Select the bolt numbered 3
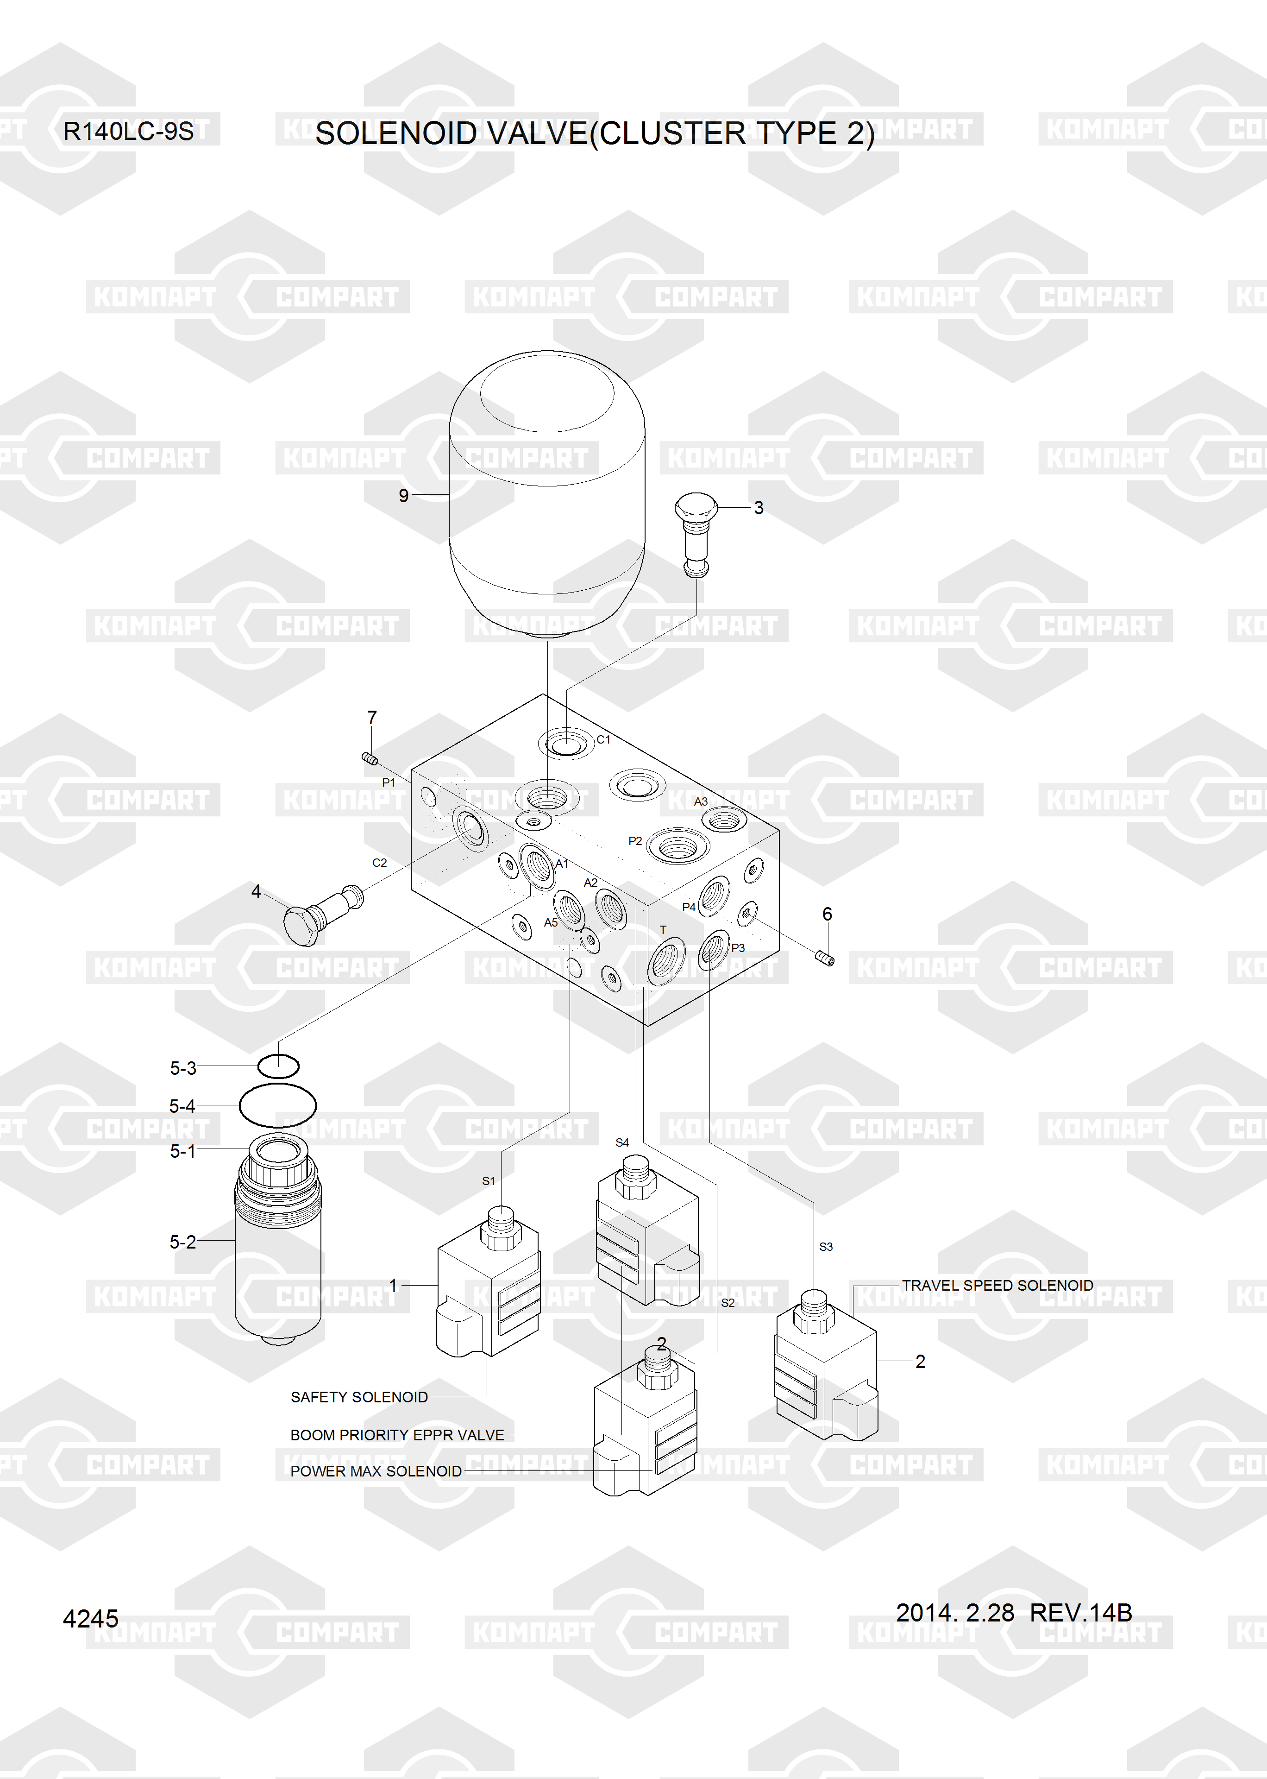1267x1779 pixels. coord(695,534)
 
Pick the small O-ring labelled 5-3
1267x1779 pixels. coord(278,1065)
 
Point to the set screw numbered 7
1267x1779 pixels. coord(370,757)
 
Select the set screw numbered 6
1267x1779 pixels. coord(825,958)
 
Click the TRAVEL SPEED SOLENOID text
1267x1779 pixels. coord(997,1285)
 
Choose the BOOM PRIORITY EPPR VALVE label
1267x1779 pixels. coord(397,1435)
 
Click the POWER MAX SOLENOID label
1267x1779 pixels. coord(376,1471)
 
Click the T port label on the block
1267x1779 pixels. coord(663,930)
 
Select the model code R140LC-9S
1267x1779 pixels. coord(128,131)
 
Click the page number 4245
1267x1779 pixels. coord(90,1619)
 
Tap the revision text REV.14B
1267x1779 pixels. coord(1080,1612)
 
